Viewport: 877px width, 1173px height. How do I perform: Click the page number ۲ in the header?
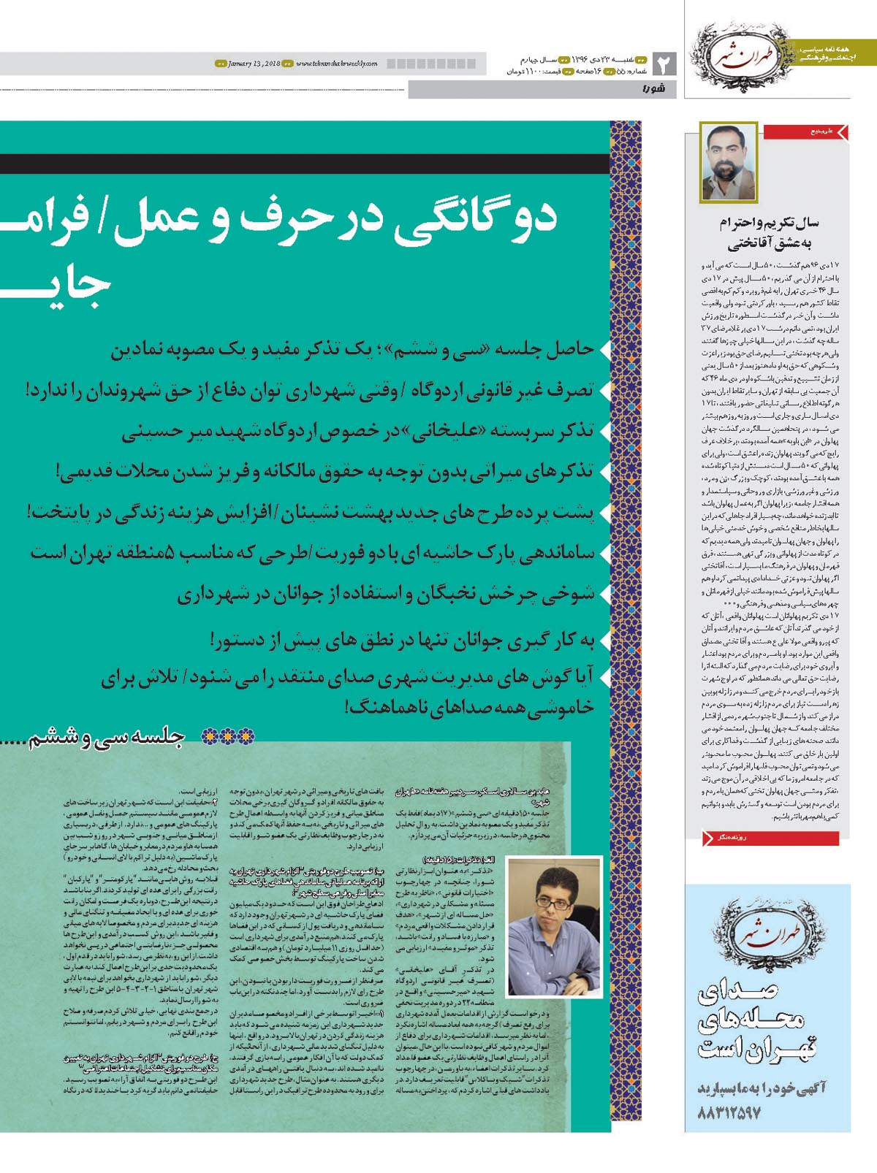tap(664, 64)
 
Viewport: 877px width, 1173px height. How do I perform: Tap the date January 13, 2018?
tap(248, 64)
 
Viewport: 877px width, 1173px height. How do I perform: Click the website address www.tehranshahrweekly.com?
tap(337, 64)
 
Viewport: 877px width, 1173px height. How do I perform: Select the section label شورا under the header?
tap(653, 90)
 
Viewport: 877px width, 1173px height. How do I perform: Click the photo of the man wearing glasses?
tap(553, 927)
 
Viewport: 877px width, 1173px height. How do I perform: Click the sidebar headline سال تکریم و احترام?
tap(769, 223)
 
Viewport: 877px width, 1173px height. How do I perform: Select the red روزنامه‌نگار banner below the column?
tap(770, 838)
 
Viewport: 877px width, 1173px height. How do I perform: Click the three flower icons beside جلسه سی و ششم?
tap(228, 737)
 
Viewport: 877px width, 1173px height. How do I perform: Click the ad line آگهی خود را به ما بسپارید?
tap(760, 1088)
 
